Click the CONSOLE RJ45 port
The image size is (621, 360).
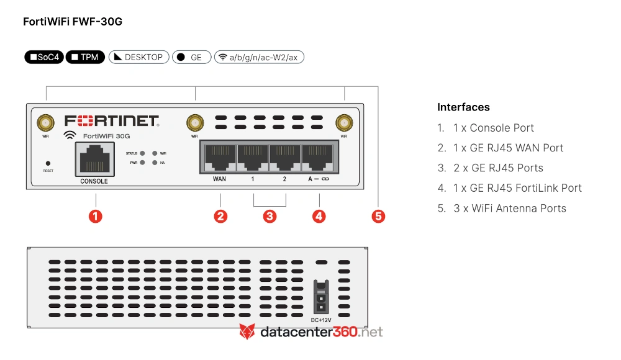95,160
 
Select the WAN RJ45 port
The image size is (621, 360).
220,158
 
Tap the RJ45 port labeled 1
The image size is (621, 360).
253,158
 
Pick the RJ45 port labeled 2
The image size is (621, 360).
285,158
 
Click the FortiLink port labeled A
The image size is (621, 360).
317,158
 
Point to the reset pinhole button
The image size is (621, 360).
48,163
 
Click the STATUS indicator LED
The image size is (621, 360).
142,153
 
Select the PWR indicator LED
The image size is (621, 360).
142,163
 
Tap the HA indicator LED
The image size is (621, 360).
155,163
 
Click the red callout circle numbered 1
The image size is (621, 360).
96,216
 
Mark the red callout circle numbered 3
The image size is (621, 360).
270,216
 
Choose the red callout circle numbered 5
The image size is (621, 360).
378,216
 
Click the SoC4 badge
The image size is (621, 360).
44,57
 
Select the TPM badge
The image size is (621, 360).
85,57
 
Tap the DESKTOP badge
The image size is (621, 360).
139,57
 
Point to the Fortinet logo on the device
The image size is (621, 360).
112,121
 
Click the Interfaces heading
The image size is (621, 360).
463,107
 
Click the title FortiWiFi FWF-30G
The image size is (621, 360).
73,21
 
